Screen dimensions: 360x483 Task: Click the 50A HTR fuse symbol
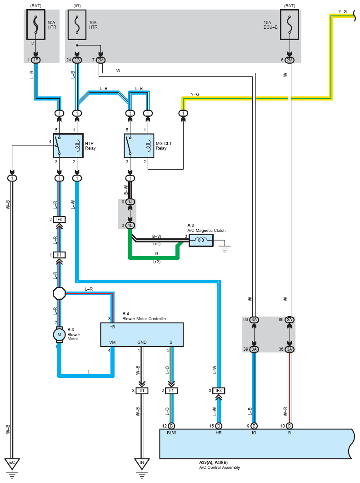(x=36, y=25)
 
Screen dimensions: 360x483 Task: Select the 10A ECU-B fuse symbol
(x=290, y=25)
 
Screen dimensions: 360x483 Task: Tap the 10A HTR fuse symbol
(x=77, y=25)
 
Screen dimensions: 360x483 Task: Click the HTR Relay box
(x=68, y=146)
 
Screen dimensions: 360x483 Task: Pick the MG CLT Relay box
(x=139, y=146)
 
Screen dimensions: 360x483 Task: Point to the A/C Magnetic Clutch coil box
(x=201, y=240)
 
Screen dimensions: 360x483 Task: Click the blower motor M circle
(x=60, y=335)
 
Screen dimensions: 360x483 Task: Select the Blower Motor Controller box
(x=142, y=335)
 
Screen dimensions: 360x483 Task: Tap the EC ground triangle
(x=12, y=463)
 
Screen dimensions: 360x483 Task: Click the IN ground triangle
(x=142, y=463)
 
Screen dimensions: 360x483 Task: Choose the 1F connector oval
(x=36, y=60)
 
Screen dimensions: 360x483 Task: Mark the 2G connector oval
(x=77, y=60)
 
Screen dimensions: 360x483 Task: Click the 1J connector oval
(x=130, y=202)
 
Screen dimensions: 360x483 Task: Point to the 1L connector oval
(x=130, y=226)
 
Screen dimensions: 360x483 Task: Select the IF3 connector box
(x=219, y=391)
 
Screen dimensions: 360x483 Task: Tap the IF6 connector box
(x=60, y=220)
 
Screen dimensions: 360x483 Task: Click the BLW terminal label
(x=171, y=433)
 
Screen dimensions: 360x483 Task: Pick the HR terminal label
(x=219, y=433)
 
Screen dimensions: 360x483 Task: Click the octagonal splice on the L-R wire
(x=60, y=293)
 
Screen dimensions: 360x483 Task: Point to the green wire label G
(x=157, y=253)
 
